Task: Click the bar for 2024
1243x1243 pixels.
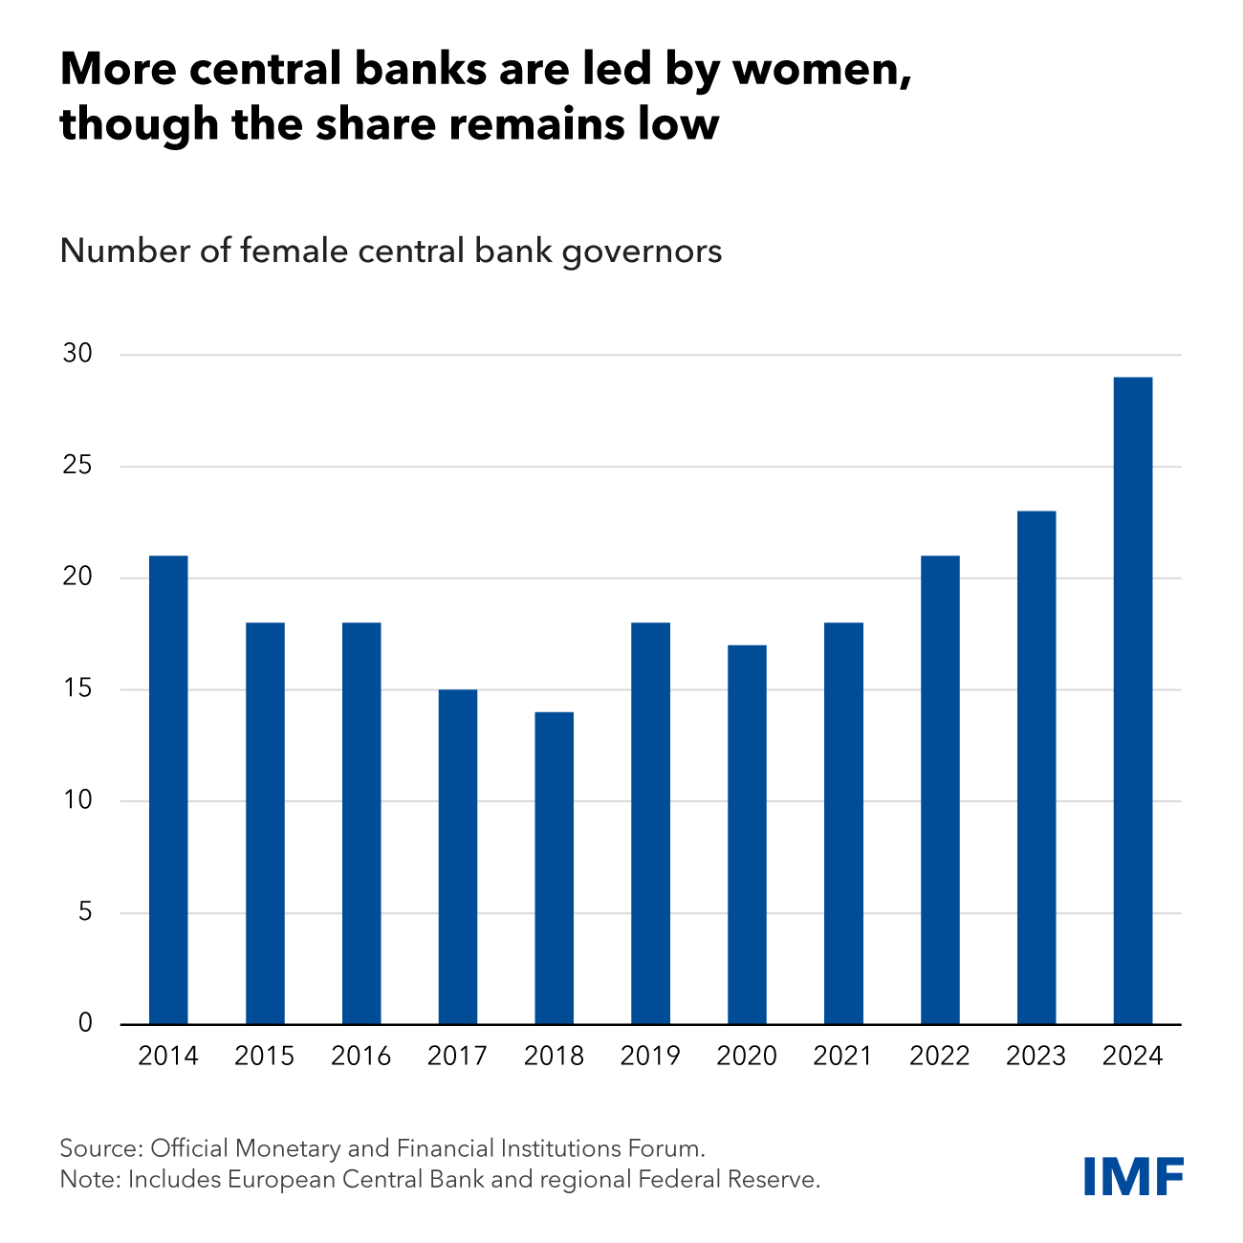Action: (x=1133, y=701)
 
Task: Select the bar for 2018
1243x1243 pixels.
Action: (x=555, y=868)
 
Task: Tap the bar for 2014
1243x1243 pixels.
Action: (x=168, y=790)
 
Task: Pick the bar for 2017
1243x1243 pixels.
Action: (x=458, y=857)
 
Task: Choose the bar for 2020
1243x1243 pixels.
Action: (x=747, y=835)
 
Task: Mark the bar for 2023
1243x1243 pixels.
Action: (x=1036, y=768)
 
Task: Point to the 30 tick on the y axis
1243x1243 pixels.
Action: (x=77, y=355)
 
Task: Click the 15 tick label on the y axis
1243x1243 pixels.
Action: (x=77, y=689)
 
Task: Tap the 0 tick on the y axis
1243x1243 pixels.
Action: (x=85, y=1024)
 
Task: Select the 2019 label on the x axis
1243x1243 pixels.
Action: (x=650, y=1057)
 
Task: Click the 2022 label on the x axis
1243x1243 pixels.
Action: (x=939, y=1057)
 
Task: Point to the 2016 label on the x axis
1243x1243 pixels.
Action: (x=360, y=1057)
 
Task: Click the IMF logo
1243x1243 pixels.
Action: (x=1134, y=1175)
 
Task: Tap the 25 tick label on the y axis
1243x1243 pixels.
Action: (x=77, y=467)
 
